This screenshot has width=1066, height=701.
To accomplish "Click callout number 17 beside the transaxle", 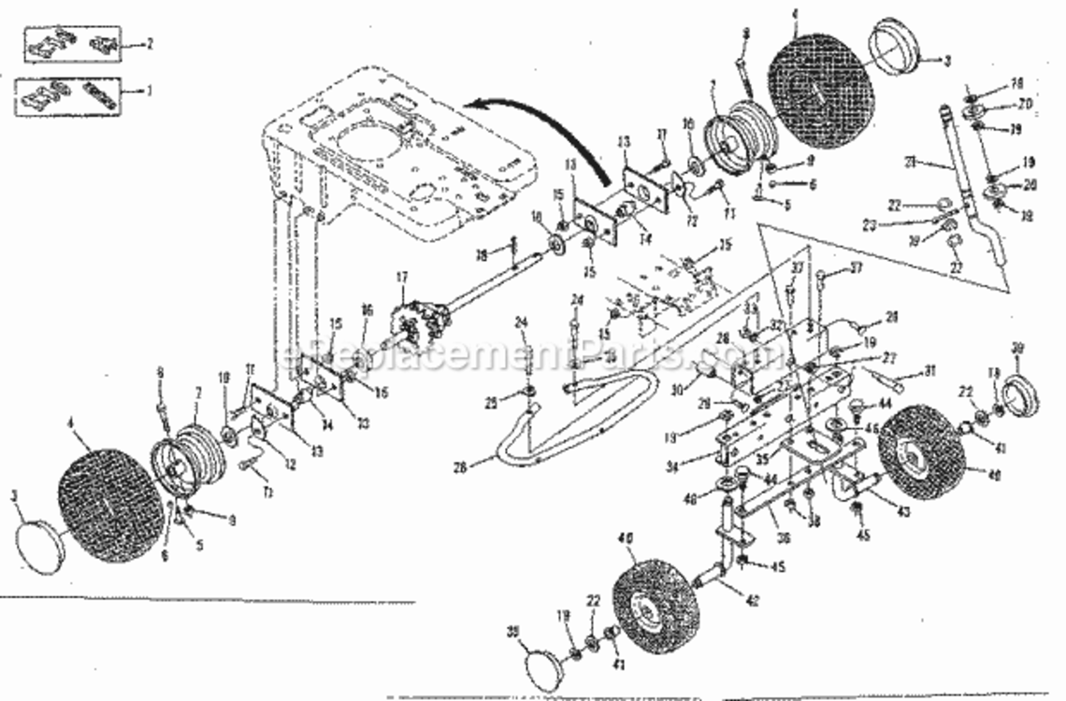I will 401,277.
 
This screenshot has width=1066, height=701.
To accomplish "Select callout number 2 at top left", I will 149,44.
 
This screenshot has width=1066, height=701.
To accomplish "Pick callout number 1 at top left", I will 149,93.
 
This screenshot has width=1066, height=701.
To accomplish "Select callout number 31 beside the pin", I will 929,370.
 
